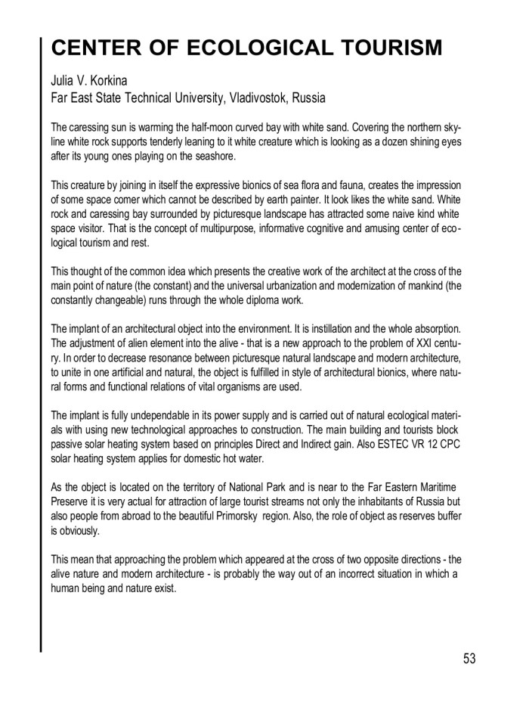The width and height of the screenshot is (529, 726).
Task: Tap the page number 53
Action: [x=469, y=659]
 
